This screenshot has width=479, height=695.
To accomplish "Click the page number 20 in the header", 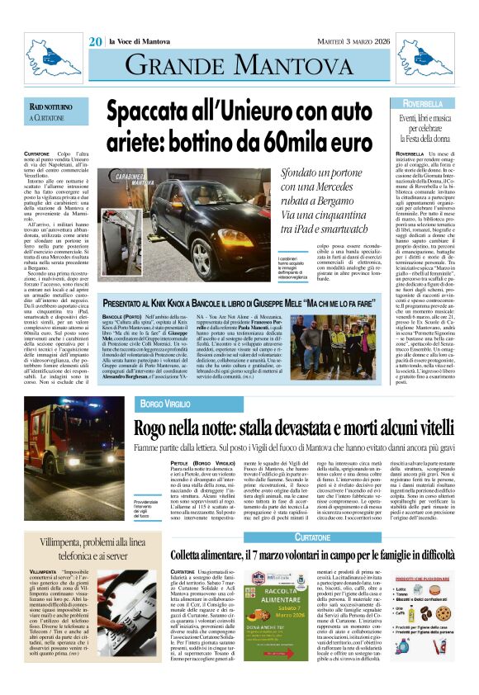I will click(x=96, y=40).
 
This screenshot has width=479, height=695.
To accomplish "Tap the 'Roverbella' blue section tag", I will click(x=428, y=103).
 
